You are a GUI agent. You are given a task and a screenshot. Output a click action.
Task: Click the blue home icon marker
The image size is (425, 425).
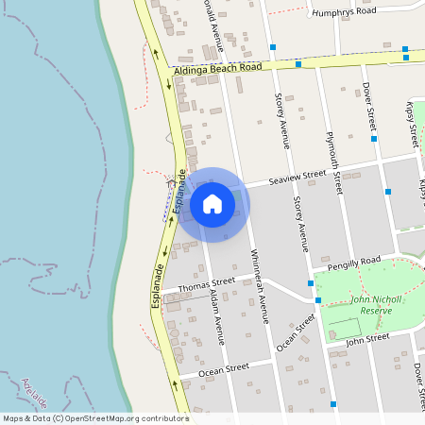click(x=212, y=204)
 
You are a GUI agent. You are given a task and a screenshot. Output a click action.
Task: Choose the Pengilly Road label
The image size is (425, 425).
click(x=352, y=261)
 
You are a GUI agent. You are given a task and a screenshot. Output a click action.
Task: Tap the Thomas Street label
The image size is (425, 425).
click(x=206, y=282)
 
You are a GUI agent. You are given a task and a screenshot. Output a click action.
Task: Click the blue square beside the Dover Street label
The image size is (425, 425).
click(x=374, y=139)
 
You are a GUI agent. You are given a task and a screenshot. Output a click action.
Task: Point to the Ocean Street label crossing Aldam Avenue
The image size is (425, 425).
click(x=225, y=367)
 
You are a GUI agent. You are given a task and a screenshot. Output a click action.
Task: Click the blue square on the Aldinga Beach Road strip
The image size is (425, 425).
click(x=298, y=64)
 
